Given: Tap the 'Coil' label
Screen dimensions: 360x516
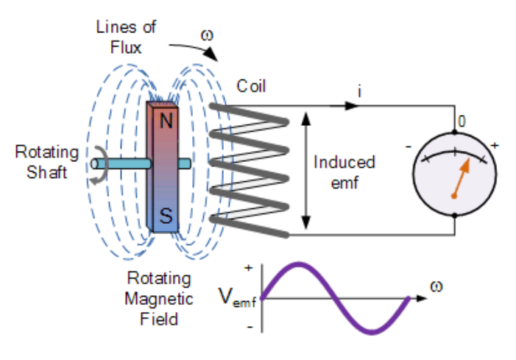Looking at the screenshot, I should pos(251,86).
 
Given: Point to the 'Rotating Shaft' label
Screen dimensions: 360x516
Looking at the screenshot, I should pos(46,161).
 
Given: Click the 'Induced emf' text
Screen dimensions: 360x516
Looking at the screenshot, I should pos(344,172).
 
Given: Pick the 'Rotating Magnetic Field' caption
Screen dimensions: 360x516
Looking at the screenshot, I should pos(159,300).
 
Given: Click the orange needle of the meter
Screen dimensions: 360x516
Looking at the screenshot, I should pos(459,180).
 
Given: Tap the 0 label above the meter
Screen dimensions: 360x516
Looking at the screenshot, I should pos(462,120).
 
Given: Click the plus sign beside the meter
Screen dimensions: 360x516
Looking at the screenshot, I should pos(494,146).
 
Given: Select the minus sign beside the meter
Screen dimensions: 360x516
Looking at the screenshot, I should pos(408,147).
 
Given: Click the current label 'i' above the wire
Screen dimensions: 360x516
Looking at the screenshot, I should pos(359,91).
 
